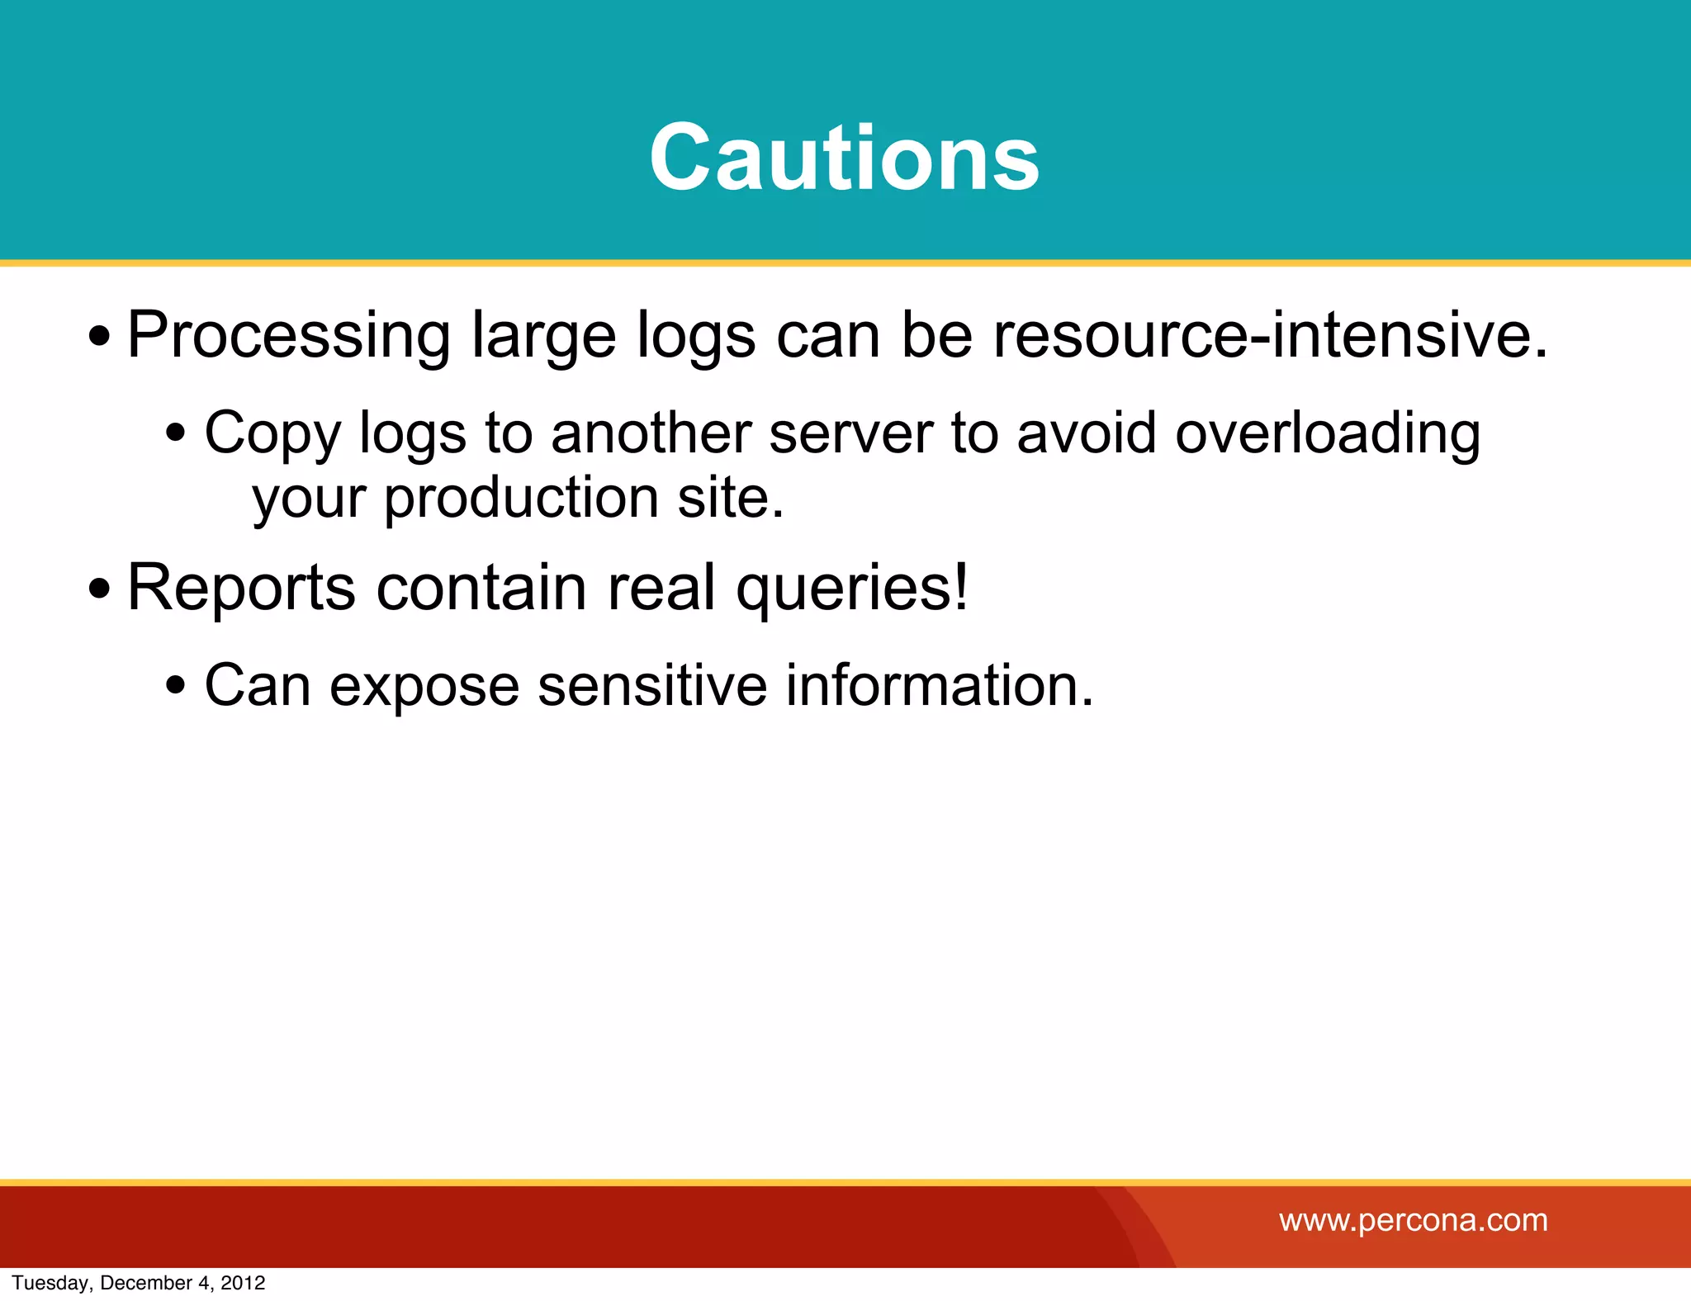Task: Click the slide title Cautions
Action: coord(844,158)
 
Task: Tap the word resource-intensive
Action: coord(1269,335)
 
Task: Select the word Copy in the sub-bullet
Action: coord(272,434)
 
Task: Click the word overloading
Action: coord(1327,434)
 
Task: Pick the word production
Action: coord(521,498)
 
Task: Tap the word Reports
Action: coord(241,588)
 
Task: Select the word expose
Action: coord(424,686)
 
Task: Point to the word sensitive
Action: coord(652,684)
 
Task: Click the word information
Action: coord(939,684)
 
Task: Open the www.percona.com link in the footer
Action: coord(1413,1220)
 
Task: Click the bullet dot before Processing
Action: coord(99,337)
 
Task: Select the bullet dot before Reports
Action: coord(99,589)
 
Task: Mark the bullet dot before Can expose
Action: coord(175,686)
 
